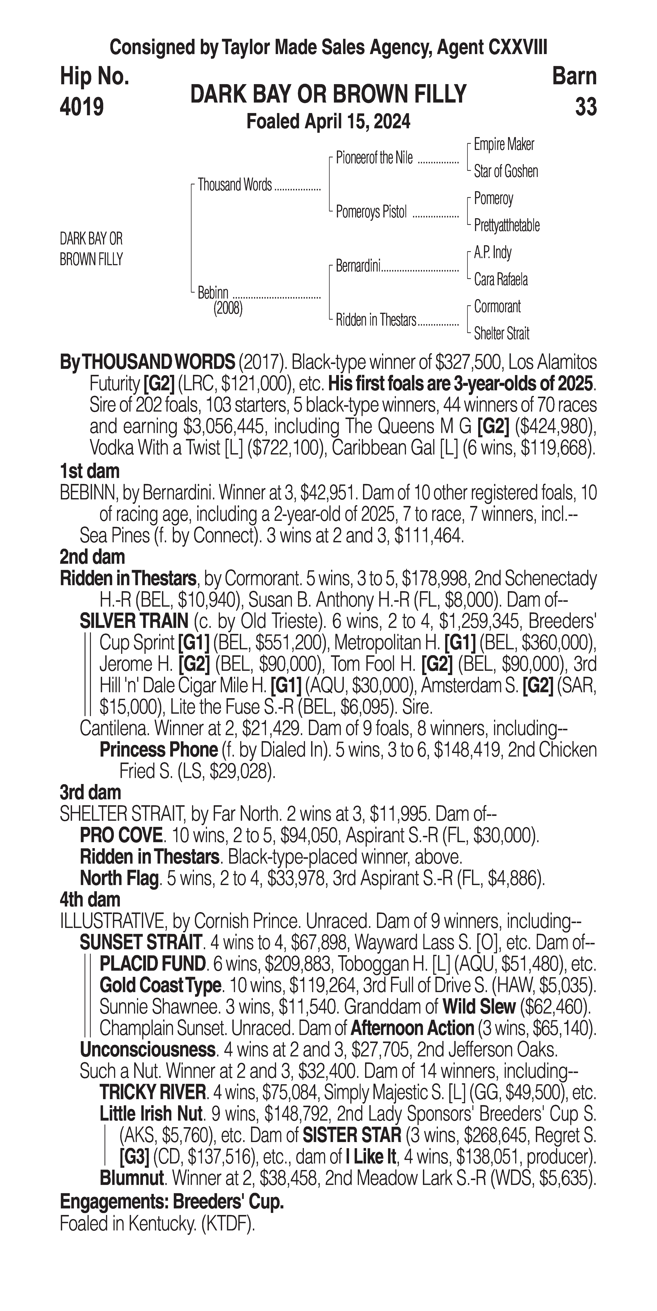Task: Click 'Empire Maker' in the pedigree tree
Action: pyautogui.click(x=504, y=145)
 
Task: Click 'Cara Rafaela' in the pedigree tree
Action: pyautogui.click(x=501, y=279)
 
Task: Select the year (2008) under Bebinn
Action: pyautogui.click(x=228, y=309)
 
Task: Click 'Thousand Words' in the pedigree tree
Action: pyautogui.click(x=235, y=185)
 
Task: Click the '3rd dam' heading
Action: pyautogui.click(x=90, y=792)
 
